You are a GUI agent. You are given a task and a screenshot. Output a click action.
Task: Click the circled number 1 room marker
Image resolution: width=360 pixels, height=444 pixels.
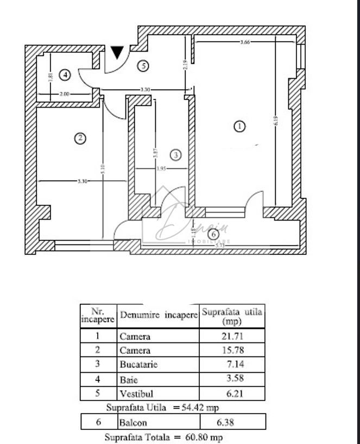pos(239,127)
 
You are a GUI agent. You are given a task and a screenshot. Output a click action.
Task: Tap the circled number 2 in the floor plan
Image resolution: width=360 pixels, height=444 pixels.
pos(80,138)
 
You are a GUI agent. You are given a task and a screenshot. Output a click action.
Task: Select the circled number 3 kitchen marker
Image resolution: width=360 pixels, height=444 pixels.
pos(175,155)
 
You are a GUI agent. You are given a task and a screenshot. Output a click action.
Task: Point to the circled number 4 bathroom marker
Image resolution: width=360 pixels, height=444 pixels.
pos(65,74)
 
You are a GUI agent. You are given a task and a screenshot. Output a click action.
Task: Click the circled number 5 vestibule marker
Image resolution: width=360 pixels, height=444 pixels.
pos(143,66)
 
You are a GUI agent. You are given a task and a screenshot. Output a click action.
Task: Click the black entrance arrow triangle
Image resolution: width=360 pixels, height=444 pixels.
pos(117,53)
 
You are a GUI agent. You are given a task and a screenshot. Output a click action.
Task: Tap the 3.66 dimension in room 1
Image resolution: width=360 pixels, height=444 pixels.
pos(244,43)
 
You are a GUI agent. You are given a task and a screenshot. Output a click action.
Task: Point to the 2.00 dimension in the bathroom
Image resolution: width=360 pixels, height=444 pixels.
pos(64,95)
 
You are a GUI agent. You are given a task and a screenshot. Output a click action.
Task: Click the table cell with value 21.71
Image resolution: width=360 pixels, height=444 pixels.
pos(232,337)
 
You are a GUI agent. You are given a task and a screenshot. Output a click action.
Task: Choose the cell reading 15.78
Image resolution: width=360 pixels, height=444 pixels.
pos(232,351)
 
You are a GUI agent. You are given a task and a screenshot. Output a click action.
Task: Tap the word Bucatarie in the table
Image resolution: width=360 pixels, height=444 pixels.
pos(138,365)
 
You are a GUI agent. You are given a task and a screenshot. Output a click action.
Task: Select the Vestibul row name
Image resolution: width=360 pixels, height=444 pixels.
pos(135,393)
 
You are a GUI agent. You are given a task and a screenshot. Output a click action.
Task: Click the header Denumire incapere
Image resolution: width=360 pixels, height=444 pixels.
pos(159,315)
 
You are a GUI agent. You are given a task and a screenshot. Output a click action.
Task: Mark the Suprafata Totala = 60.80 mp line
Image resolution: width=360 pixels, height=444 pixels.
pos(163,437)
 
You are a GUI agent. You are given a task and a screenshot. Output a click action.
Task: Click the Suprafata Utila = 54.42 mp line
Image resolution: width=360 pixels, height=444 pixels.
pos(162,407)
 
